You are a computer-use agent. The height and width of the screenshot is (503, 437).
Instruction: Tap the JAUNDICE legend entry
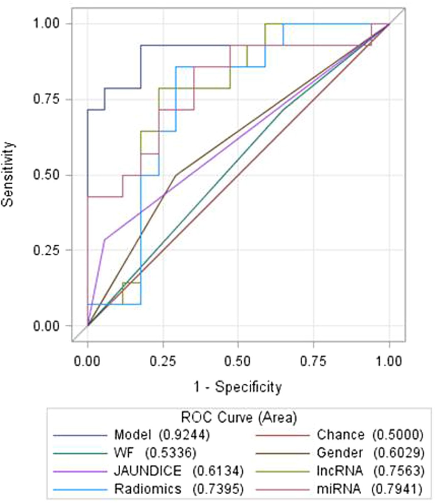pos(147,471)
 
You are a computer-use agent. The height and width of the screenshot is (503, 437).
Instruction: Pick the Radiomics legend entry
pos(147,489)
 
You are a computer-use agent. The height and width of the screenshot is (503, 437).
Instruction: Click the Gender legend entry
pos(340,453)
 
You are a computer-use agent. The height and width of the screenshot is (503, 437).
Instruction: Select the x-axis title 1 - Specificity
pos(238,387)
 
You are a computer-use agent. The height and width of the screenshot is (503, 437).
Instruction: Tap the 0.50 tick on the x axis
pos(238,360)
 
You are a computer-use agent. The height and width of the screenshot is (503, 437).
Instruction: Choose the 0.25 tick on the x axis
pos(163,360)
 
